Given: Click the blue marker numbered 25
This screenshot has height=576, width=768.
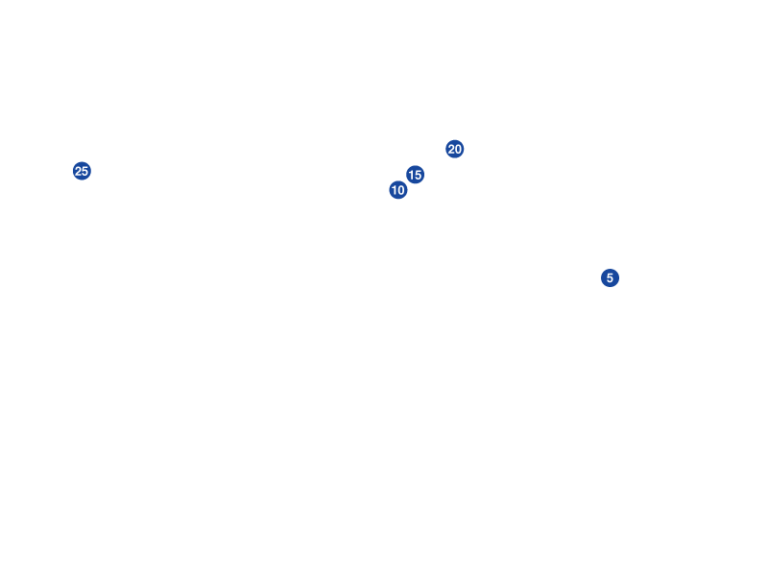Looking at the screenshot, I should [x=82, y=171].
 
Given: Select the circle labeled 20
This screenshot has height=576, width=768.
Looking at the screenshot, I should [x=455, y=149].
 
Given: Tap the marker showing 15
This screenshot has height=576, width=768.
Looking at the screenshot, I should [x=415, y=175].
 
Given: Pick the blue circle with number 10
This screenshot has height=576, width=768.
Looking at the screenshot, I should [x=398, y=190].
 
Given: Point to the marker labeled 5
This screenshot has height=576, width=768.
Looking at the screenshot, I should [x=610, y=277].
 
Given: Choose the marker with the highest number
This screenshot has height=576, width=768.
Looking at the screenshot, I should [x=82, y=171].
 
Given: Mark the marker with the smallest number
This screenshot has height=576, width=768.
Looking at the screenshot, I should [x=610, y=277].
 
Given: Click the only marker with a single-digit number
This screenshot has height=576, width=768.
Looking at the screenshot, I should [x=610, y=277].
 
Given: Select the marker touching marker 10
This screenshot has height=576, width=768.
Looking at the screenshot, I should [x=415, y=175].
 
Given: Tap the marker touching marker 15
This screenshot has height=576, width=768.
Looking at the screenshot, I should [x=398, y=190].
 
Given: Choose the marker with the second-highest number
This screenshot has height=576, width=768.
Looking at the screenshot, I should [x=455, y=149].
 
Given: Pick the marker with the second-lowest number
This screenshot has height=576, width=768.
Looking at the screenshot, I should [x=398, y=190].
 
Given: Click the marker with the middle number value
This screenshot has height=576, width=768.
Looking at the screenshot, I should [x=415, y=175].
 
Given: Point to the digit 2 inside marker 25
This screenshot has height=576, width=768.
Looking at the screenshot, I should [x=78, y=171].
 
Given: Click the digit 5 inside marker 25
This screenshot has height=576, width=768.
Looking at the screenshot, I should [x=85, y=171].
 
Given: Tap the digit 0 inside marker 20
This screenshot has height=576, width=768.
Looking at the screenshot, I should [x=459, y=149].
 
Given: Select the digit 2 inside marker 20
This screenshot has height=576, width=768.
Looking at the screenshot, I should [x=451, y=149].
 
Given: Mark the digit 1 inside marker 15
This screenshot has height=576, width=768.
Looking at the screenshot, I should [x=411, y=175].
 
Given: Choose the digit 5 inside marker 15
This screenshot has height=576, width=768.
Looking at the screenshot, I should [x=419, y=175].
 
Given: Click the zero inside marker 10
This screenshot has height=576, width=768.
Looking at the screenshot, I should [x=402, y=190].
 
